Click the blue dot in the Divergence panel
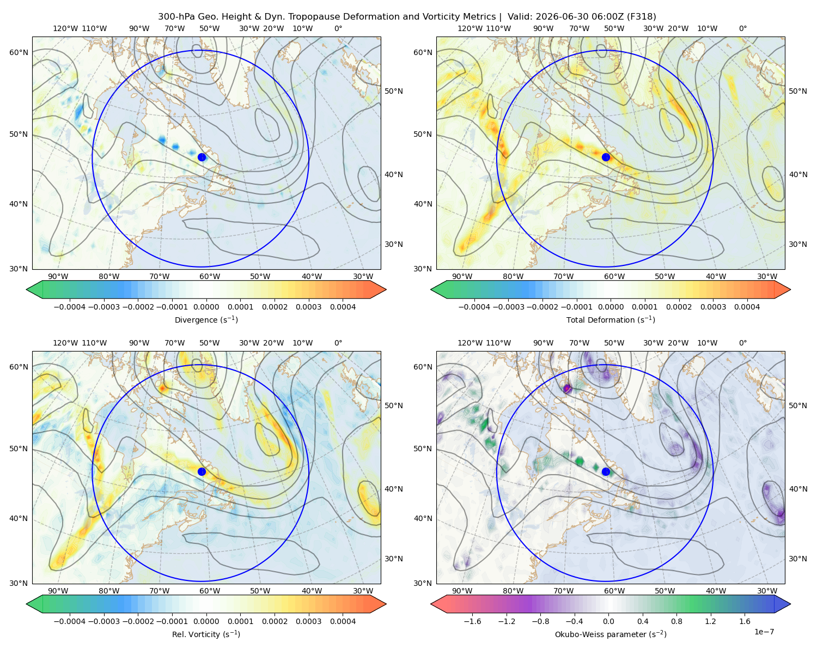202,158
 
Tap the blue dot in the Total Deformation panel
606,158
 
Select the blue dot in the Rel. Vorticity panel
202,471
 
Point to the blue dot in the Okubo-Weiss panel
606,471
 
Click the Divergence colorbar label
206,320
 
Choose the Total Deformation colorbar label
611,320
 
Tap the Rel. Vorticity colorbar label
206,634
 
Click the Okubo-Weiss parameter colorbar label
611,634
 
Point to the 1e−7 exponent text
764,632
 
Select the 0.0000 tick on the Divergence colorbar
206,307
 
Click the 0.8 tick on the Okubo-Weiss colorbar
676,621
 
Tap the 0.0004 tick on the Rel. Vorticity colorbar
343,621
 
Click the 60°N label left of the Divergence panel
19,52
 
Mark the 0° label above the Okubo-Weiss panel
742,343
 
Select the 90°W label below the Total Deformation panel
462,277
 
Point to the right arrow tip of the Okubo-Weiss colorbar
790,604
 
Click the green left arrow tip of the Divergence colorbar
27,289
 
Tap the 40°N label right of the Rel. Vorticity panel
394,489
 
